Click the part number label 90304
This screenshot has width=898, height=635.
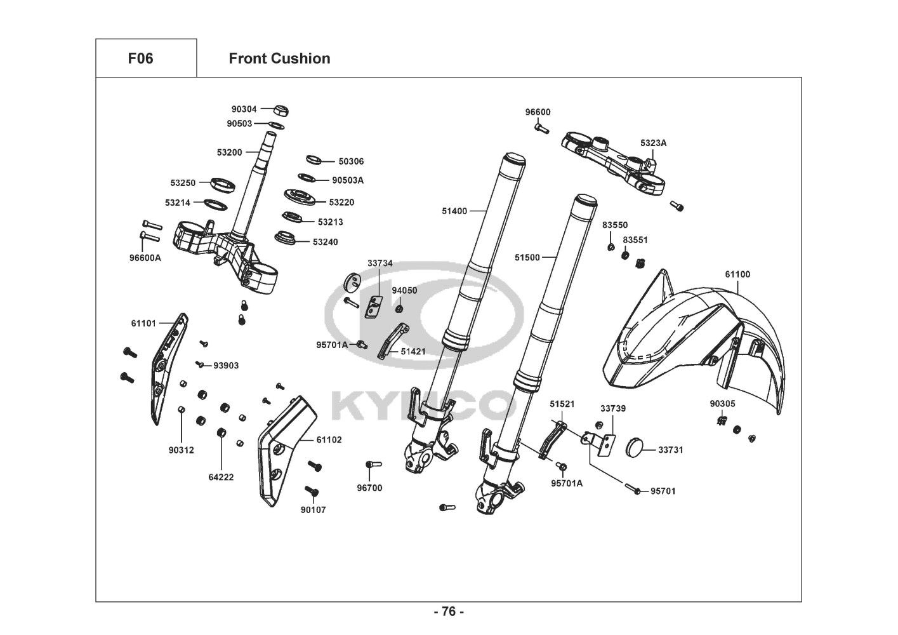tap(244, 109)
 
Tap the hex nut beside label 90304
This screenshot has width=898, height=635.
tap(283, 110)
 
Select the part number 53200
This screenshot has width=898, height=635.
tap(229, 152)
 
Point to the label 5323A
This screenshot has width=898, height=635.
tap(653, 143)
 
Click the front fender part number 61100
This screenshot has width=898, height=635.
tap(737, 274)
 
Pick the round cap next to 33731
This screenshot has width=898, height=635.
tap(637, 447)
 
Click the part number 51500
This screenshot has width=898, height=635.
tap(527, 257)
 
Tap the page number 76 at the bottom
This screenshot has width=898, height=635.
tap(449, 612)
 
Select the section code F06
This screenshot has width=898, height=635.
tap(140, 58)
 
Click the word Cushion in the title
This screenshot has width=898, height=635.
tap(300, 58)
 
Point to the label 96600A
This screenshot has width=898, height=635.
tap(145, 258)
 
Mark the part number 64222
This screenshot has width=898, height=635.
tap(221, 477)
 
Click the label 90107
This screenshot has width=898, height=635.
tap(313, 509)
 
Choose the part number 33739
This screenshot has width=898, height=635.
tap(613, 408)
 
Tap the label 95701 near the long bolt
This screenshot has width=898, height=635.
tap(663, 491)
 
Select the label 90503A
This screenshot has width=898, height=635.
tap(348, 180)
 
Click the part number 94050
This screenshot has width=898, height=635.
tap(404, 290)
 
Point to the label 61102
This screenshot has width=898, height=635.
tap(329, 439)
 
